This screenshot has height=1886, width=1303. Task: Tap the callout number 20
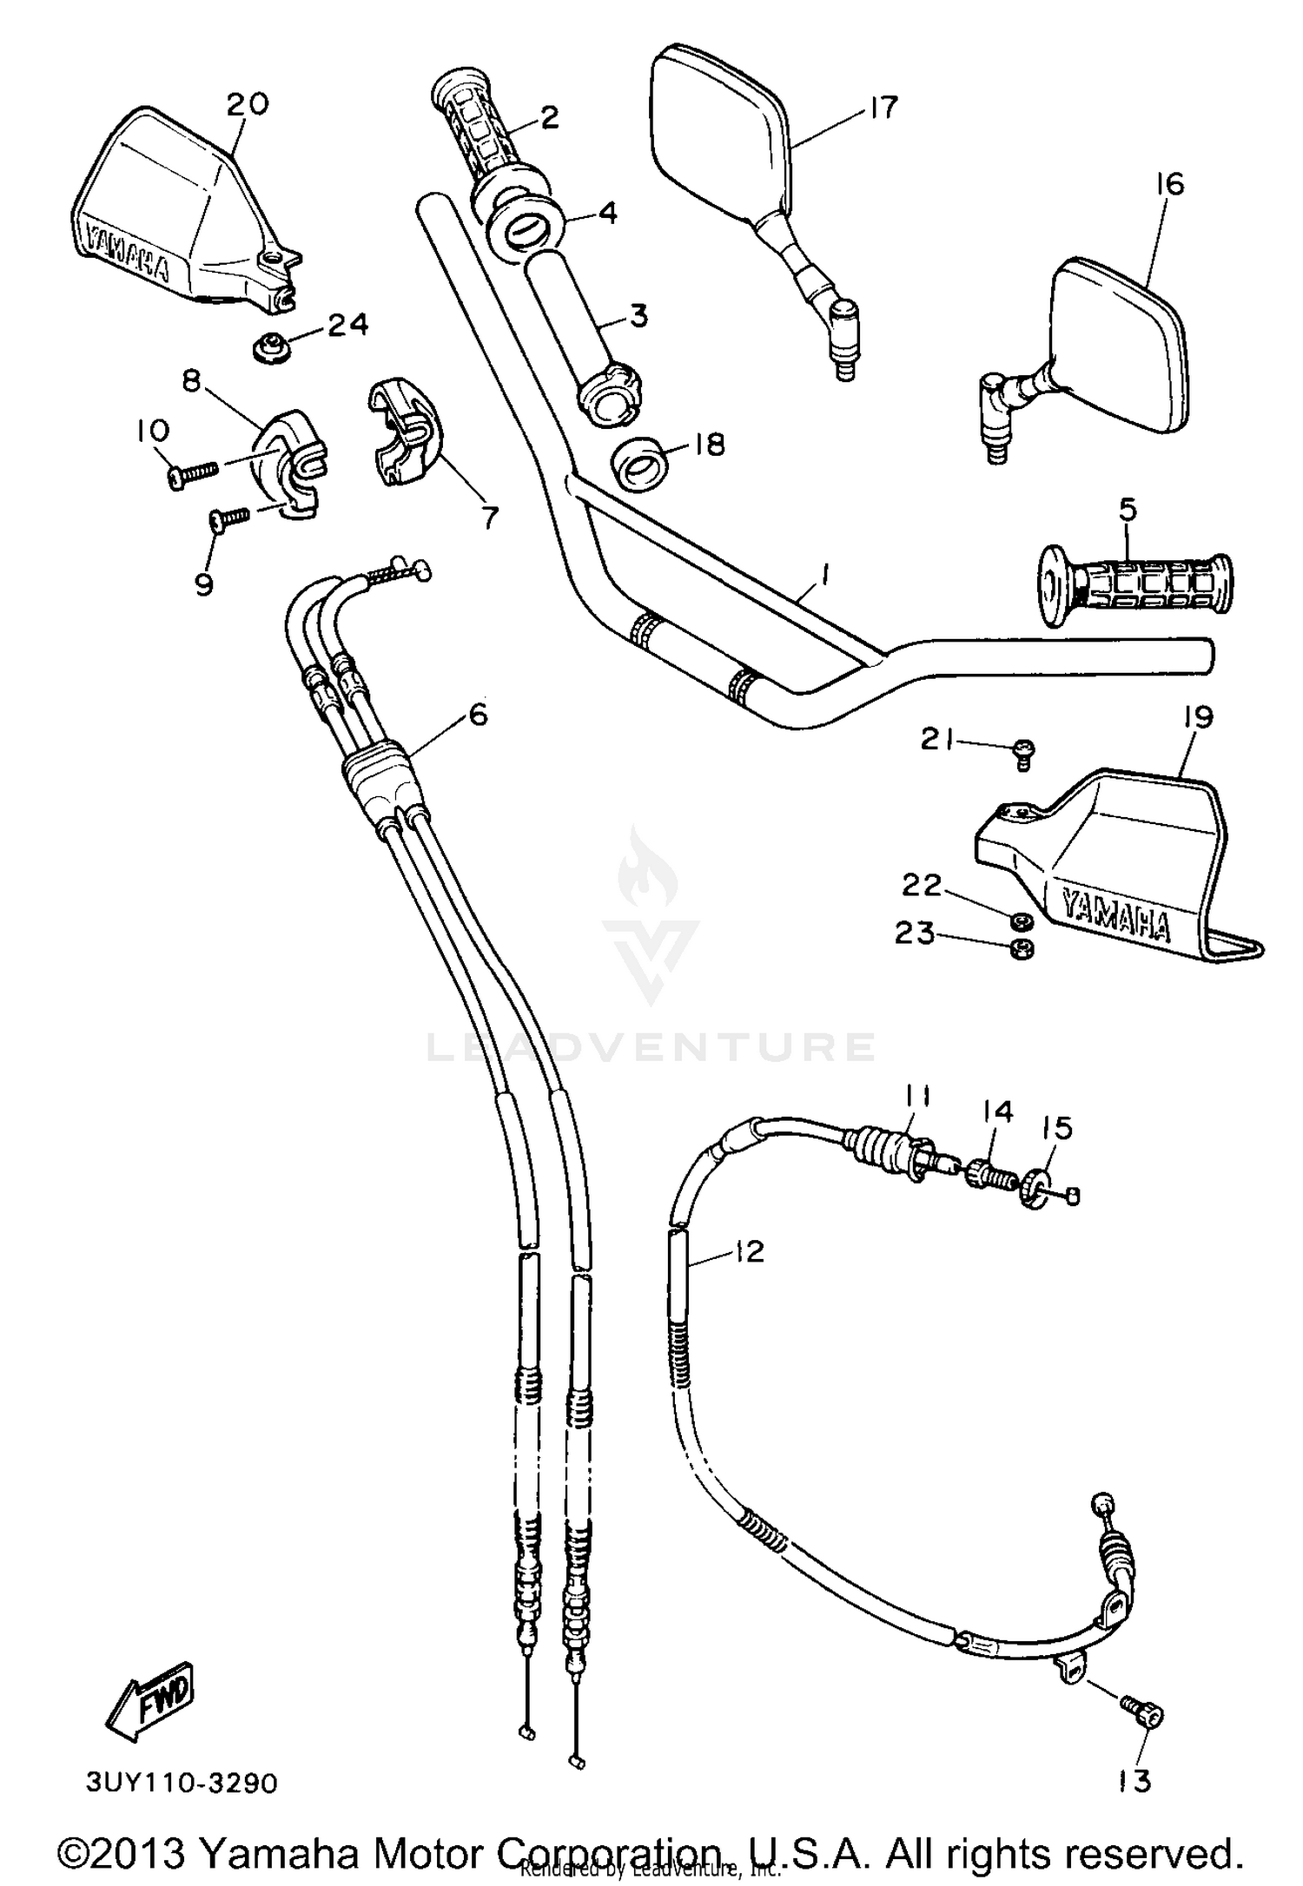(248, 104)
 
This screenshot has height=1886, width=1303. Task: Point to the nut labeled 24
(272, 349)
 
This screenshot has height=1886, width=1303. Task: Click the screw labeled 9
(230, 518)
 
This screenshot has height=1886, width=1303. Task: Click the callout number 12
(748, 1251)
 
